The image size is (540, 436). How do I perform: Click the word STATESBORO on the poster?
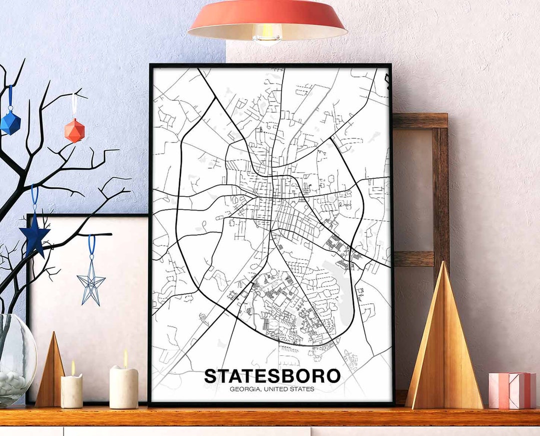pyautogui.click(x=272, y=376)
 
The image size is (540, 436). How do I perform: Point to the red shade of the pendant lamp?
pyautogui.click(x=267, y=15)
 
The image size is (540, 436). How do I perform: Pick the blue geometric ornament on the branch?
pyautogui.click(x=10, y=122)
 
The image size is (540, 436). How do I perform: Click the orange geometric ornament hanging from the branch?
pyautogui.click(x=74, y=130)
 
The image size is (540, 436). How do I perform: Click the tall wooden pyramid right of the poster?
pyautogui.click(x=443, y=345)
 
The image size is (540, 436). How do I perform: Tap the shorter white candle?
pyautogui.click(x=71, y=391)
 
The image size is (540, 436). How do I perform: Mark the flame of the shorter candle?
pyautogui.click(x=73, y=367)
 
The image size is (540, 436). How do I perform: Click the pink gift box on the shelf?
pyautogui.click(x=511, y=390)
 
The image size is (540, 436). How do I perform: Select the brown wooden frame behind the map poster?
pyautogui.click(x=440, y=190)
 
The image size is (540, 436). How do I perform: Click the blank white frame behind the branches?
pyautogui.click(x=100, y=340)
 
